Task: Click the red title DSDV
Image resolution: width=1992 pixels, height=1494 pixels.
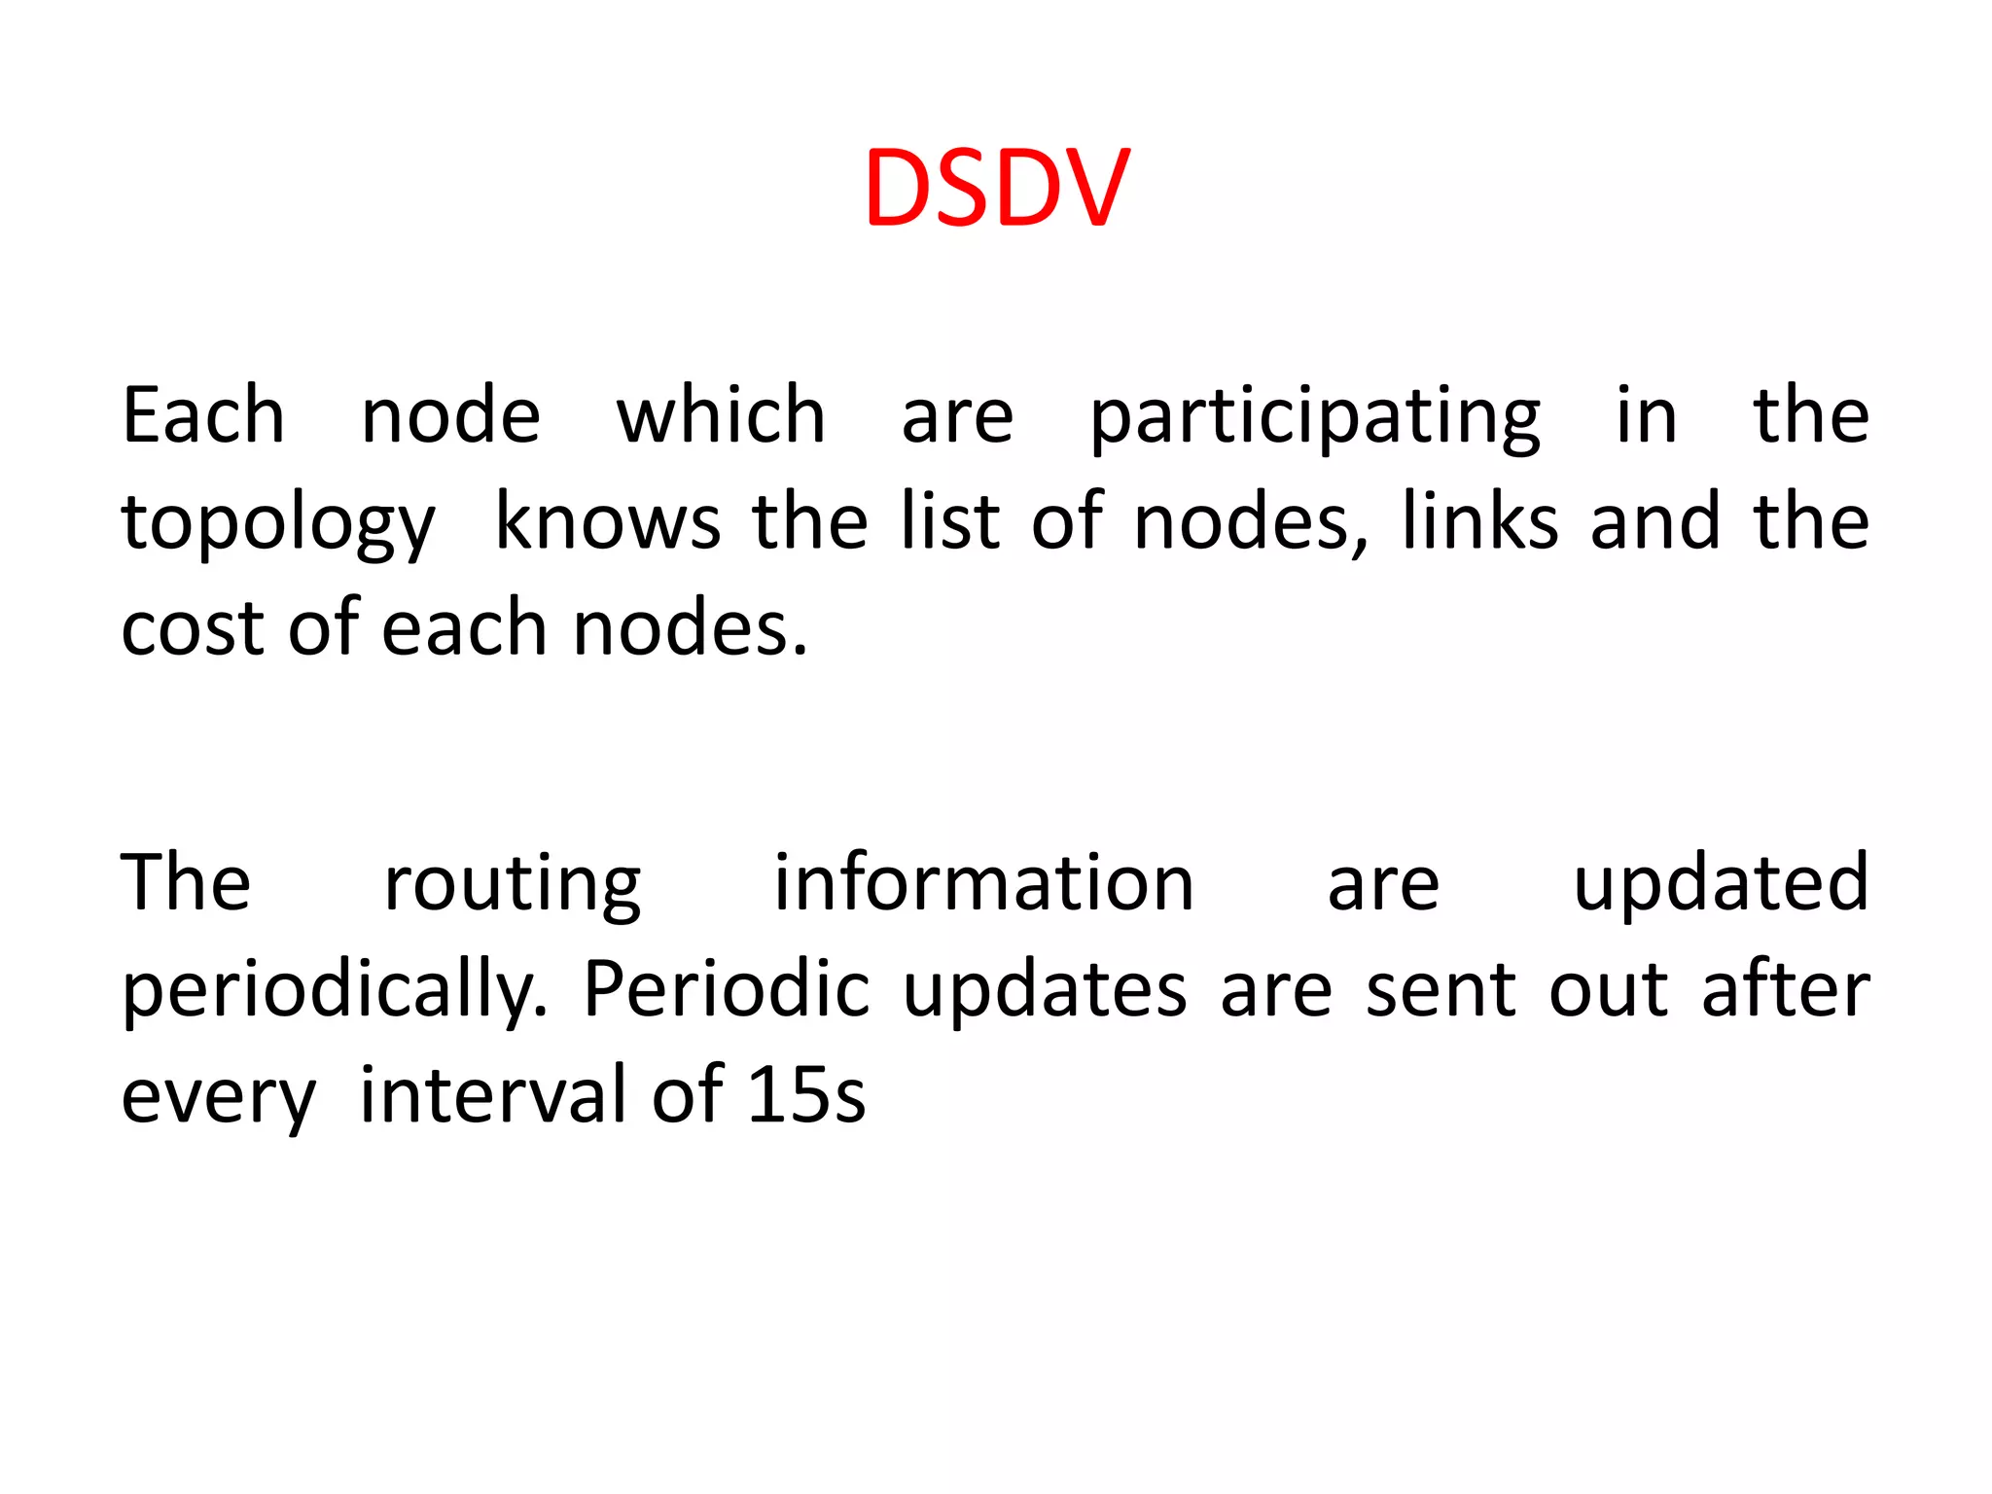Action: tap(997, 189)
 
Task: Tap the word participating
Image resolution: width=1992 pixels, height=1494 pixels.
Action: tap(1315, 416)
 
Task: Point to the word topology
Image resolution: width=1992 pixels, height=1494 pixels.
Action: tap(278, 522)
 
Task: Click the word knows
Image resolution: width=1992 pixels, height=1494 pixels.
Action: tap(608, 522)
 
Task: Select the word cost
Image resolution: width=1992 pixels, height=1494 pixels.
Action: tap(193, 628)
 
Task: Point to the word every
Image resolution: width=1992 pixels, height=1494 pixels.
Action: tap(219, 1097)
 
